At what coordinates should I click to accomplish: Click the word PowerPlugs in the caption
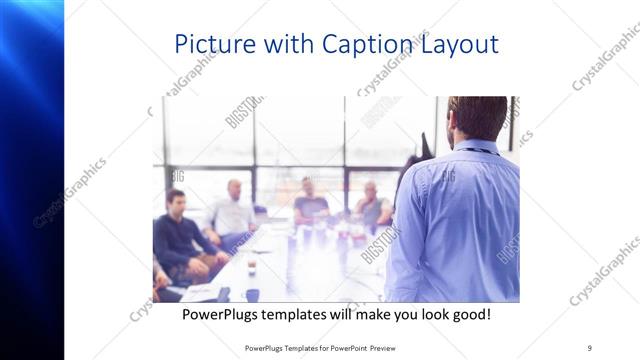[225, 314]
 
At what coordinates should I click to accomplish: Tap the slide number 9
[589, 348]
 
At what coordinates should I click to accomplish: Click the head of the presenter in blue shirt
[477, 117]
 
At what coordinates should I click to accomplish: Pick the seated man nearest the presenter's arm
[371, 205]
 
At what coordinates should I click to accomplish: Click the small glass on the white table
[251, 267]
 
